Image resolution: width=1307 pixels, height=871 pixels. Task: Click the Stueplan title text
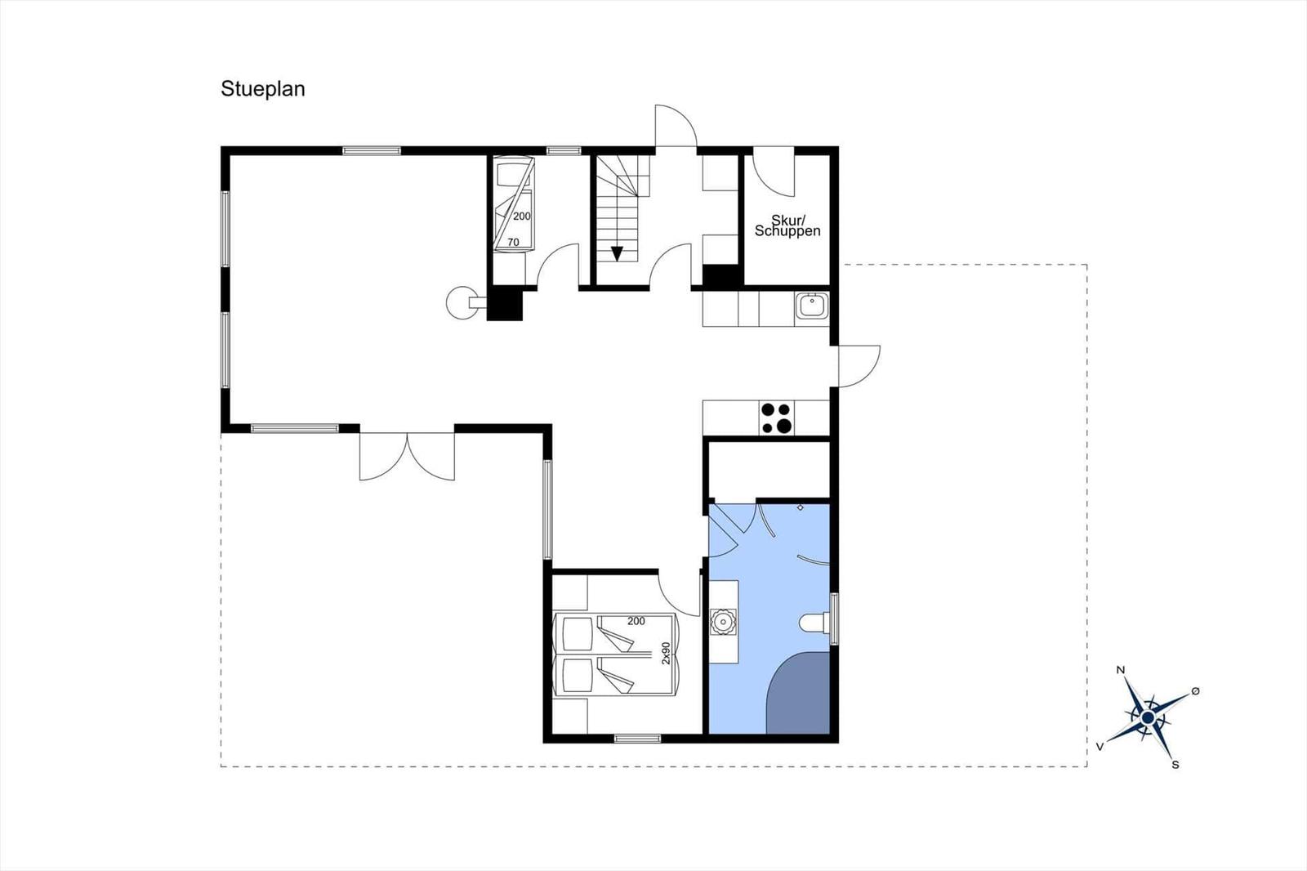point(262,89)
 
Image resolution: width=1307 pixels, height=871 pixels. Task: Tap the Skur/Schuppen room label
point(787,226)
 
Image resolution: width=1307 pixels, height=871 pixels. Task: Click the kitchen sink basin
point(812,306)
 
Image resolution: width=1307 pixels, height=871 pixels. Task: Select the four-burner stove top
point(777,418)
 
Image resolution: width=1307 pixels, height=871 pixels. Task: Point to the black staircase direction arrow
point(617,254)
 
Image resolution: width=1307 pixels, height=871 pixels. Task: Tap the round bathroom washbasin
point(723,623)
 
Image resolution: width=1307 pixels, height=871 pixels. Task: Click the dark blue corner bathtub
point(798,693)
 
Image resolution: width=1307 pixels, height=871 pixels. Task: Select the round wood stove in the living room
point(461,302)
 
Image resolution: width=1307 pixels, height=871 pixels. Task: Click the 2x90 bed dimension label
point(666,654)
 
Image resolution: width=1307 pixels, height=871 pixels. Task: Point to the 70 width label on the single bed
point(513,243)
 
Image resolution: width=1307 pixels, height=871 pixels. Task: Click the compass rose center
point(1148,717)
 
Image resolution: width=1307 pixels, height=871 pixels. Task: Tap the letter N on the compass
point(1120,670)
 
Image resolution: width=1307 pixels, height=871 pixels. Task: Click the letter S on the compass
point(1175,765)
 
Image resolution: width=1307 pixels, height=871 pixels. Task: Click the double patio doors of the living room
point(407,456)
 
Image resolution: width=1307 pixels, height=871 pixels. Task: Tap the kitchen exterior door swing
point(859,366)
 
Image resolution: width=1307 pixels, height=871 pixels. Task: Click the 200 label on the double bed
point(636,621)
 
